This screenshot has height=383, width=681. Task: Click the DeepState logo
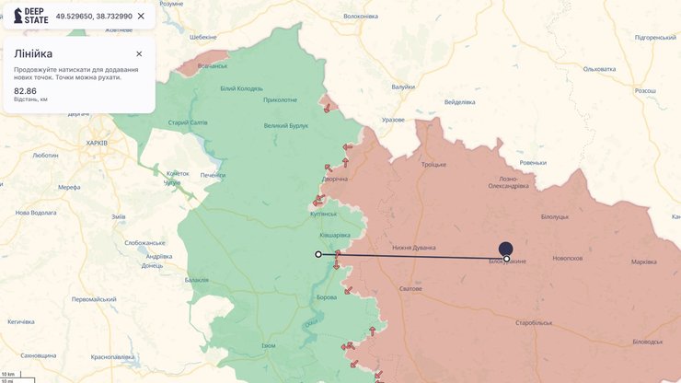click(x=30, y=16)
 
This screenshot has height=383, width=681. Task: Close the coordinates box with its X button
click(x=141, y=17)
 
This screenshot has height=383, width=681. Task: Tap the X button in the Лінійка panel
click(x=139, y=53)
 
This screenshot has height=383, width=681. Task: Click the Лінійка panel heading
click(x=33, y=53)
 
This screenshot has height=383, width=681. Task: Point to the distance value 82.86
click(x=26, y=91)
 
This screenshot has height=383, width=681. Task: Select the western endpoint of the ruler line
click(x=318, y=254)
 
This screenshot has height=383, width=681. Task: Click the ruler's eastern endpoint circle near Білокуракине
click(x=507, y=259)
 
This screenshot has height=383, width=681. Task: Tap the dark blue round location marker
click(x=505, y=248)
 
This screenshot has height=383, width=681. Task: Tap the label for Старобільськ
click(x=534, y=323)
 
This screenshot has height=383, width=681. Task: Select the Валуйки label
click(x=403, y=87)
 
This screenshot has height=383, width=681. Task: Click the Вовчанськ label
click(x=213, y=65)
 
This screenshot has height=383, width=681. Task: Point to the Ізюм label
click(x=268, y=345)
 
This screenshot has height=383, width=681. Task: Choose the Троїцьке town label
click(x=433, y=164)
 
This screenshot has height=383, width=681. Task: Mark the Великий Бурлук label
click(x=286, y=125)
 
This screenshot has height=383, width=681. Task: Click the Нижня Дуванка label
click(x=413, y=247)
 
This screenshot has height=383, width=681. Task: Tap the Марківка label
click(x=644, y=261)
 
